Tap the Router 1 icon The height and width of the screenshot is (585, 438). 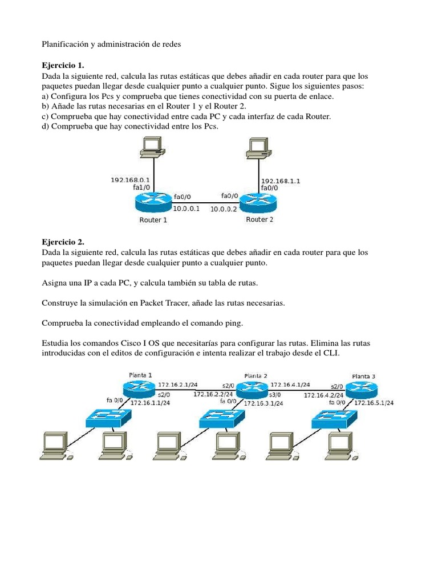pos(153,201)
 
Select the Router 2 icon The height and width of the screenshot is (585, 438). pos(257,201)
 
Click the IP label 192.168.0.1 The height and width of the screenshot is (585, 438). pos(130,179)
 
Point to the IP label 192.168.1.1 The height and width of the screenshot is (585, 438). pos(281,181)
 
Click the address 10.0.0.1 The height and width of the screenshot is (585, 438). pos(186,209)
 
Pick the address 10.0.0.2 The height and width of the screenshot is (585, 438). pos(224,209)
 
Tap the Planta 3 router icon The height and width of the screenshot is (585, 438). pos(363,389)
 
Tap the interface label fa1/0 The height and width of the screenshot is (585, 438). pos(141,187)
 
